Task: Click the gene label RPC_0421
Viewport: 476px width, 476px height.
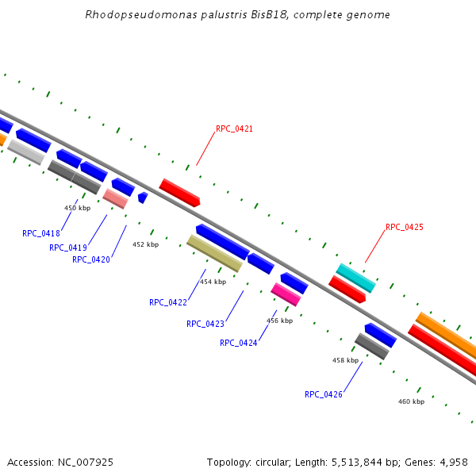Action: coord(234,129)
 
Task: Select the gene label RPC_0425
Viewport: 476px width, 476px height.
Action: coord(404,227)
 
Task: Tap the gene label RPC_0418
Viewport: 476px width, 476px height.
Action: coord(41,233)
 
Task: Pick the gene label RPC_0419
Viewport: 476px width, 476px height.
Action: coord(68,248)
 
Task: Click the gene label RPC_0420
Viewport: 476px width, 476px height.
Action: coord(91,259)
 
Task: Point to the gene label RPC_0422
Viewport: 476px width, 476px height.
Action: coord(168,302)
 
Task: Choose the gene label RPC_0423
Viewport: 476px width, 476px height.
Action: coord(205,324)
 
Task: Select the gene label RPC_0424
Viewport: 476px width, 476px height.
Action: coord(239,343)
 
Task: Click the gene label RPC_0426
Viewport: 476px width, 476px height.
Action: coord(324,394)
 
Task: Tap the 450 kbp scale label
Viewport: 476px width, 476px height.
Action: coord(77,208)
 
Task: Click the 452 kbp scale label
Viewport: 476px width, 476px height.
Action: coord(145,244)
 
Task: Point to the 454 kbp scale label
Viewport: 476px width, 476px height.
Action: coord(213,282)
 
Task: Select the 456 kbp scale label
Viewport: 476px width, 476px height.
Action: coord(279,321)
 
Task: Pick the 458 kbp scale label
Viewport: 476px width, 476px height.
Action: coord(345,360)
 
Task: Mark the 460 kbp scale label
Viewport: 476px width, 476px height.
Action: coord(411,401)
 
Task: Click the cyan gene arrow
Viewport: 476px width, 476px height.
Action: coord(355,278)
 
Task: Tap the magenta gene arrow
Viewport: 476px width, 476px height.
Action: coord(286,294)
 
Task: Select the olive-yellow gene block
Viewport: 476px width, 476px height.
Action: coord(214,252)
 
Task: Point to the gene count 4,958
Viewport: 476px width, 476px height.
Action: coord(451,462)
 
